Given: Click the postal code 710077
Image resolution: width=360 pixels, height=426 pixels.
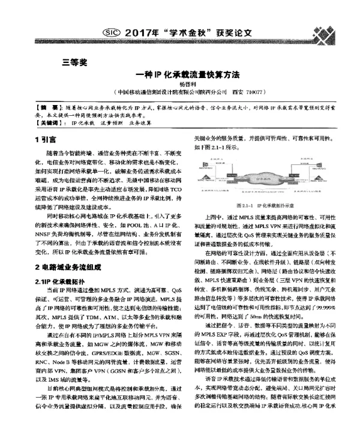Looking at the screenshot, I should point(257,94).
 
